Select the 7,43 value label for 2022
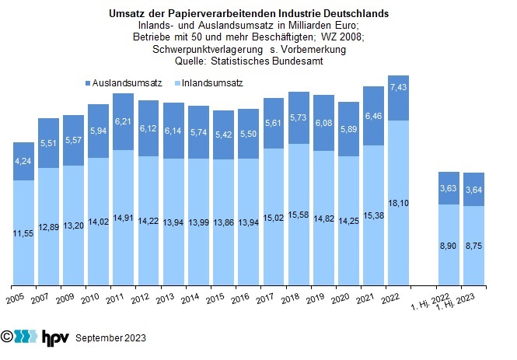pyautogui.click(x=397, y=87)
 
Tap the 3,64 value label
pyautogui.click(x=472, y=189)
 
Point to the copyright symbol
pyautogui.click(x=7, y=337)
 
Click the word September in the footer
pyautogui.click(x=98, y=338)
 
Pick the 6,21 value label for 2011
pyautogui.click(x=124, y=121)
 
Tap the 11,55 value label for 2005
pyautogui.click(x=24, y=232)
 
